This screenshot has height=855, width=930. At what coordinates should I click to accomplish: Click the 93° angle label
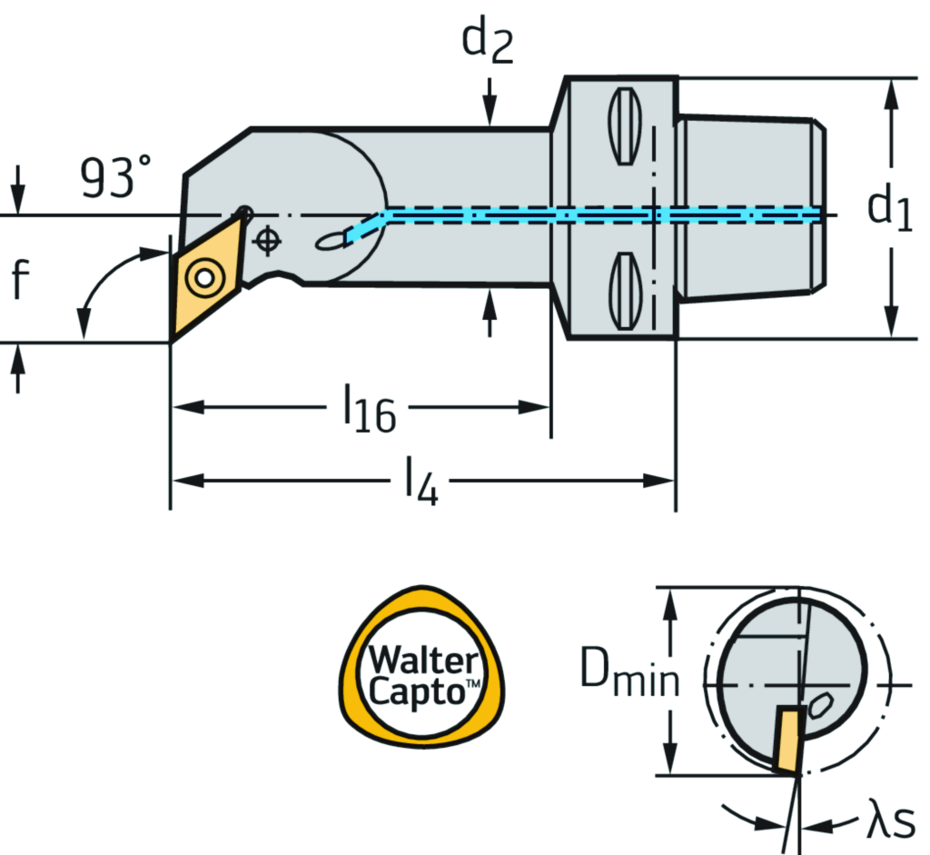coord(116,177)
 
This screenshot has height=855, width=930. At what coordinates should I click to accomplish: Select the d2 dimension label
coord(488,43)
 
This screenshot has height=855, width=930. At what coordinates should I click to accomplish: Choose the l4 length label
coord(420,483)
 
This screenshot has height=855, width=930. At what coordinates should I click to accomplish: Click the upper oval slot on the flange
coord(623,125)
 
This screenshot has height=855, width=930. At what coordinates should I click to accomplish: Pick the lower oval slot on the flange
coord(623,291)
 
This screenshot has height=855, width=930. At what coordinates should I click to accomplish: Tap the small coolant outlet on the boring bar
coord(329,241)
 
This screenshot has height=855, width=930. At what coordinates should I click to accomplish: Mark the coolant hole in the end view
coord(823,705)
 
